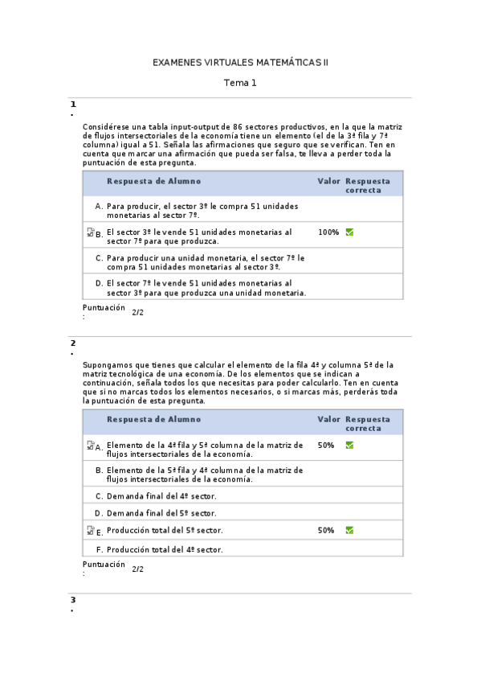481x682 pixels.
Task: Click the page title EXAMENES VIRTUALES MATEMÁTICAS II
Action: pos(240,62)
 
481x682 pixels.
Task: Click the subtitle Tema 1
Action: pos(240,83)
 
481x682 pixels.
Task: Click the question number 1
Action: pos(73,105)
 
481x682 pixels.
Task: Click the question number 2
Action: pos(73,343)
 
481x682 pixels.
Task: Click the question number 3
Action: pos(73,600)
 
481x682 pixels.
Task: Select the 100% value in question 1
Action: pos(328,232)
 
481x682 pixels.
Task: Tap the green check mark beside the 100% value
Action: pos(349,232)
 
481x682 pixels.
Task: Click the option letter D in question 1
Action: pos(99,283)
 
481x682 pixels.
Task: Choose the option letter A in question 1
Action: pos(99,207)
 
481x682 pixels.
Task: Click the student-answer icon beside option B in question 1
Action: pos(90,232)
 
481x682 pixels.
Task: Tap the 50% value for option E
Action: pos(326,531)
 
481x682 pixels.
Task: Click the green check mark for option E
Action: pos(349,531)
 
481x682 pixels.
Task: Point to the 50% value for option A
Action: pos(326,445)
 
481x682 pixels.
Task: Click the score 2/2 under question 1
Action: pos(138,312)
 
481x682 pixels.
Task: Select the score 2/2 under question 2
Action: pos(138,569)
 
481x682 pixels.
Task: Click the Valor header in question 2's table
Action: pos(329,420)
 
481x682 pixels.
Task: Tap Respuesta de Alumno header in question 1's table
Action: pos(154,182)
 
